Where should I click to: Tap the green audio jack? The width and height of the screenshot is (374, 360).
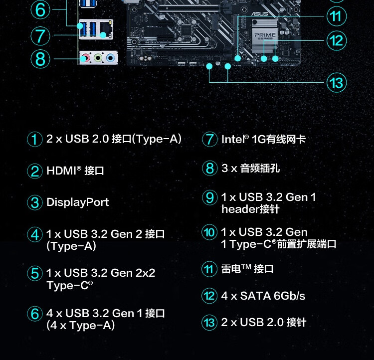pyautogui.click(x=98, y=58)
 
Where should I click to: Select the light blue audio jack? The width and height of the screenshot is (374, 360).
pyautogui.click(x=110, y=58)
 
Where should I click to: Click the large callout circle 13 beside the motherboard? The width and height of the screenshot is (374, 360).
pyautogui.click(x=337, y=82)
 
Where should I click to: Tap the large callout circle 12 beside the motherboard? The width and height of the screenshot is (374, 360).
pyautogui.click(x=337, y=40)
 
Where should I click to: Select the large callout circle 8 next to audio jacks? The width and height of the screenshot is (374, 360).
pyautogui.click(x=40, y=59)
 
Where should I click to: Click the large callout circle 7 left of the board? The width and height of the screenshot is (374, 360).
pyautogui.click(x=40, y=36)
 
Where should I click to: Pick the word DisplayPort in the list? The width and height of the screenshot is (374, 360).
pyautogui.click(x=77, y=202)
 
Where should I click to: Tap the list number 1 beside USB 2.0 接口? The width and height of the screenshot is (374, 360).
pyautogui.click(x=34, y=139)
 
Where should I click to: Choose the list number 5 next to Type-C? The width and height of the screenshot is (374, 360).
pyautogui.click(x=34, y=273)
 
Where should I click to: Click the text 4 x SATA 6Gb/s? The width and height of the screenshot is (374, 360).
pyautogui.click(x=262, y=296)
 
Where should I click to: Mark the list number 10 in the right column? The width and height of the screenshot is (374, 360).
pyautogui.click(x=209, y=232)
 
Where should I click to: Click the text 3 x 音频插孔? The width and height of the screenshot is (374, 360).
pyautogui.click(x=250, y=169)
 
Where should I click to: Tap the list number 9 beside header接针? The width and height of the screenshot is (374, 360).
pyautogui.click(x=209, y=197)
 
